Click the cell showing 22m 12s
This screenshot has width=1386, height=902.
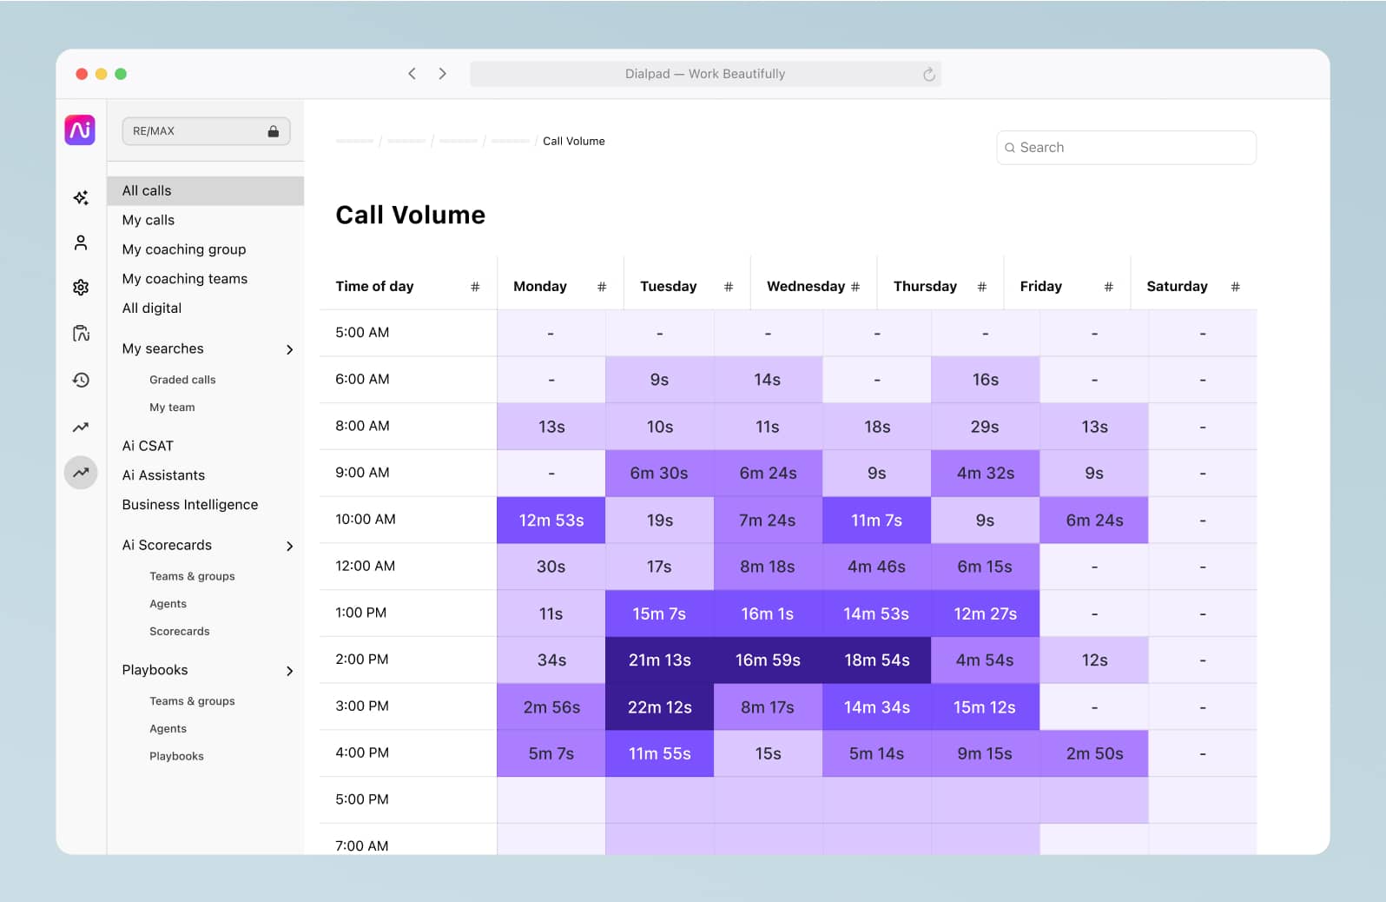point(659,706)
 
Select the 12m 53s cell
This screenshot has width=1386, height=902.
point(551,520)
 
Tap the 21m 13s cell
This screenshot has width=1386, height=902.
point(659,660)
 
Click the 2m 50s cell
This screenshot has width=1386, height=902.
point(1094,753)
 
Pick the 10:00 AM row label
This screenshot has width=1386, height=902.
point(366,519)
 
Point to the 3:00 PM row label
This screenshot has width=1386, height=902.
point(362,706)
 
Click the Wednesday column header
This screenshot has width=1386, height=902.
point(805,286)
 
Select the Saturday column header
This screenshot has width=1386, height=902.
point(1176,286)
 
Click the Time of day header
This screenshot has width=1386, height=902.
point(374,286)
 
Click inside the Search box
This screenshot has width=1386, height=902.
point(1125,148)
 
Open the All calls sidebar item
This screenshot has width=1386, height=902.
point(147,190)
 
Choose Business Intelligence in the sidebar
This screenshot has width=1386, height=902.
point(190,504)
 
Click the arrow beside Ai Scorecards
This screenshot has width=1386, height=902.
point(289,546)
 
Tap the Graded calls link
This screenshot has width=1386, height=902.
point(182,380)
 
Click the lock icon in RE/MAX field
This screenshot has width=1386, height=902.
point(273,131)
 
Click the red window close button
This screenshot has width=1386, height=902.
point(82,74)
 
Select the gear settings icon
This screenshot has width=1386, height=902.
point(81,288)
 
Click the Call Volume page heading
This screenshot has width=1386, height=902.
point(410,215)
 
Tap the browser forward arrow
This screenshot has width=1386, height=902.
point(442,74)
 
